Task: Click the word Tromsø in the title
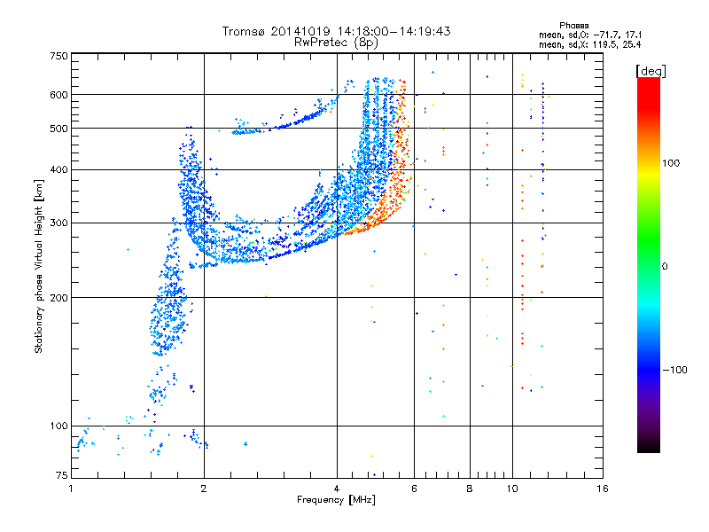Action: pyautogui.click(x=244, y=31)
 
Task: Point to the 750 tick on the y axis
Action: pyautogui.click(x=58, y=56)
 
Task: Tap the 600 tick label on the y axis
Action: pyautogui.click(x=58, y=95)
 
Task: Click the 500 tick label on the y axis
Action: pyautogui.click(x=58, y=129)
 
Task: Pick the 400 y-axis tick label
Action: pyautogui.click(x=58, y=170)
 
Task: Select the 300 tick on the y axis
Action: pyautogui.click(x=58, y=223)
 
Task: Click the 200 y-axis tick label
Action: pyautogui.click(x=58, y=298)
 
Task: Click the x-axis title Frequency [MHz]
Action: pyautogui.click(x=336, y=501)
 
